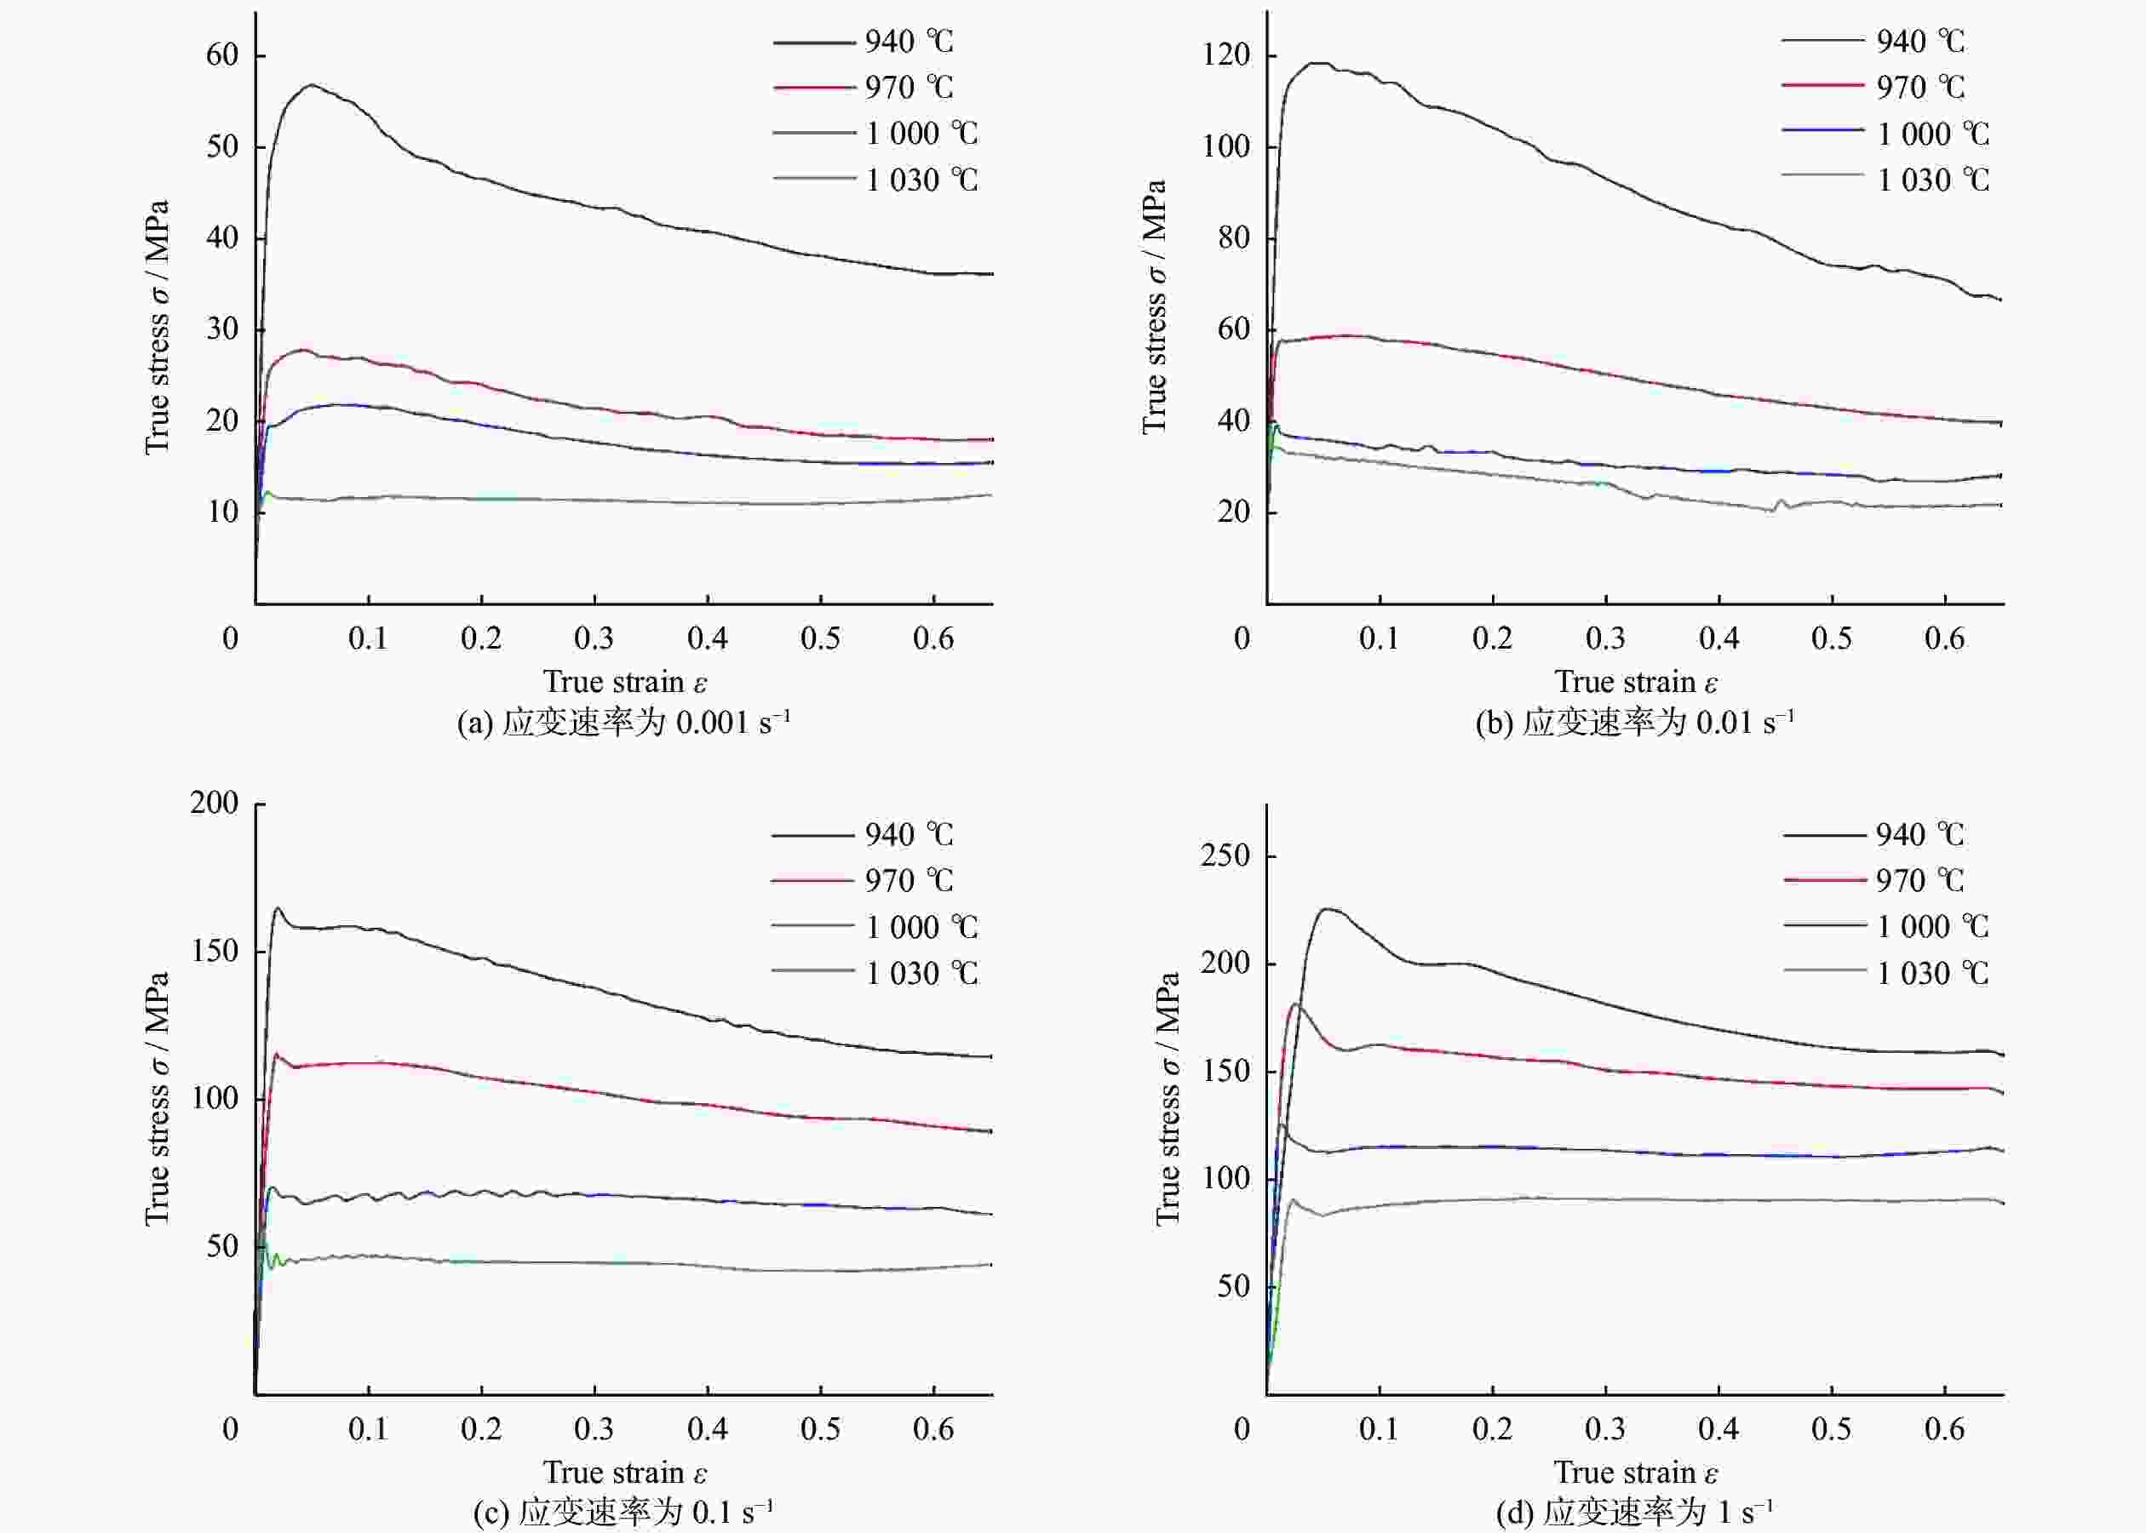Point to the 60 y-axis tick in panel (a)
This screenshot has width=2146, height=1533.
pos(223,54)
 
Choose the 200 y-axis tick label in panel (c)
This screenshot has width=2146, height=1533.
pos(215,803)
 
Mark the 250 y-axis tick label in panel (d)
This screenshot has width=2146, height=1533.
pos(1225,855)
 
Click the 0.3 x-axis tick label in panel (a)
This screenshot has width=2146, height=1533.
pos(594,638)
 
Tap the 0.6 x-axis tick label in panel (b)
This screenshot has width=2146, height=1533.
pos(1945,638)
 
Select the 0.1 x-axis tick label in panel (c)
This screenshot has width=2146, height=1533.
pos(368,1428)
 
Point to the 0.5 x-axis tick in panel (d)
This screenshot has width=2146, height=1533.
pos(1832,1428)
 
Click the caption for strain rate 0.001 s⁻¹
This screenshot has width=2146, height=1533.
pos(623,722)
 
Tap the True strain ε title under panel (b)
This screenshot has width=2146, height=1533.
pos(1636,681)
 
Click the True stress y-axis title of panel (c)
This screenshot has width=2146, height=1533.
pos(158,1099)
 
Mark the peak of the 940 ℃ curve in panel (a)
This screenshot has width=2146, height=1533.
pos(312,85)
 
